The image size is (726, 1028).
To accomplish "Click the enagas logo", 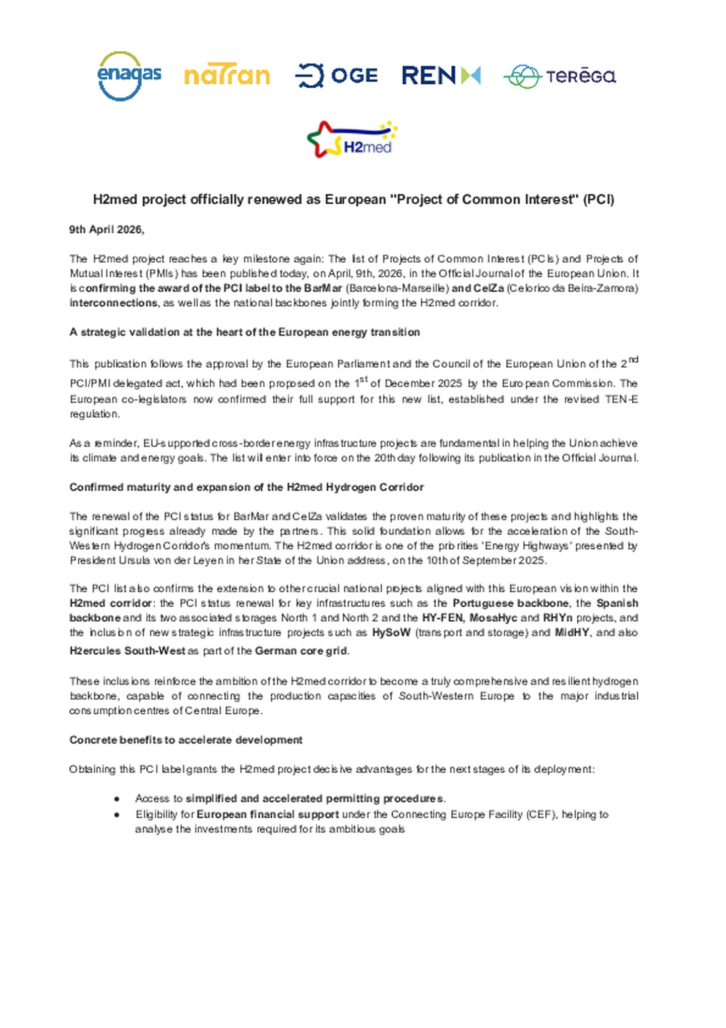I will click(129, 76).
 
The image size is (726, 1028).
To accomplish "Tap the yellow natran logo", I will click(227, 76).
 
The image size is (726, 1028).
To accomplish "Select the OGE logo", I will click(336, 76).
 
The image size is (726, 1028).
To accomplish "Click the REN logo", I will click(441, 76).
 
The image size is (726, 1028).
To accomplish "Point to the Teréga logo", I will click(559, 77).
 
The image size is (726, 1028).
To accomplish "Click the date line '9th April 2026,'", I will click(107, 230).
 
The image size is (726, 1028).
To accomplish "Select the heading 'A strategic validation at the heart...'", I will click(245, 332).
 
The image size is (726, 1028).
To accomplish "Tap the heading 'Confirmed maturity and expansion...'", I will click(247, 487).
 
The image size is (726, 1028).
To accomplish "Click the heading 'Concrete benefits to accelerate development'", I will click(186, 740).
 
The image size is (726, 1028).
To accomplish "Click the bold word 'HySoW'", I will click(391, 633).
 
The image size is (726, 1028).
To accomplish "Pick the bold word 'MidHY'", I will click(572, 633).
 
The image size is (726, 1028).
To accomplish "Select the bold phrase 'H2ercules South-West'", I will click(127, 651).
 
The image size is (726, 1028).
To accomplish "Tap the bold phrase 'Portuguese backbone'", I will click(511, 603).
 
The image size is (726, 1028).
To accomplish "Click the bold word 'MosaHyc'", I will click(493, 618).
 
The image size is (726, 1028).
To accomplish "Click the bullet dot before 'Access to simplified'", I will click(116, 799).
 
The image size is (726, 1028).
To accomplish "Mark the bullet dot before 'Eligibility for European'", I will click(116, 815).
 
